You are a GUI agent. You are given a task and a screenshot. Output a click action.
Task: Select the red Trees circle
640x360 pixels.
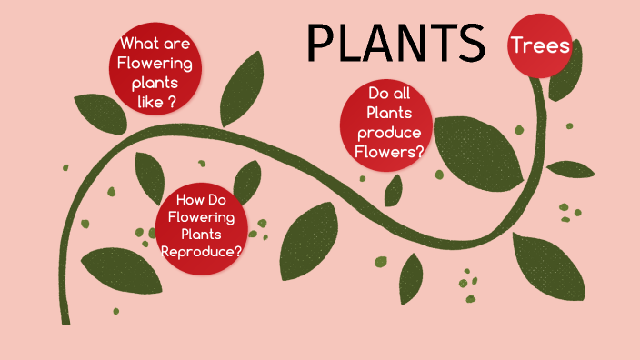[x=540, y=45]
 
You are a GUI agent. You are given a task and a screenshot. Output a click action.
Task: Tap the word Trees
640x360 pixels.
[x=540, y=45]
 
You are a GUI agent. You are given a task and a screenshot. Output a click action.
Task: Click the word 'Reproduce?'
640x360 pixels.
[x=201, y=252]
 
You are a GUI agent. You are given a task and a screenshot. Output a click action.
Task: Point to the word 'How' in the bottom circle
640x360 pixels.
[x=189, y=200]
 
